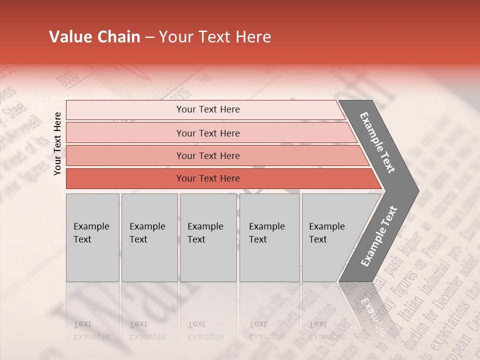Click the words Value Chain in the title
click(x=94, y=37)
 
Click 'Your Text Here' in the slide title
click(x=215, y=37)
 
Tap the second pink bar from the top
click(x=207, y=133)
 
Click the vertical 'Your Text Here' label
click(x=57, y=143)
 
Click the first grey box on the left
click(x=92, y=237)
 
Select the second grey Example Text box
click(x=149, y=237)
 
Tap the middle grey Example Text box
click(x=208, y=237)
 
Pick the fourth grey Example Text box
click(x=269, y=237)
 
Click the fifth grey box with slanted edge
click(x=330, y=237)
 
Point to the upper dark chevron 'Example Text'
click(x=377, y=142)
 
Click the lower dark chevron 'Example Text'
click(x=378, y=236)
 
